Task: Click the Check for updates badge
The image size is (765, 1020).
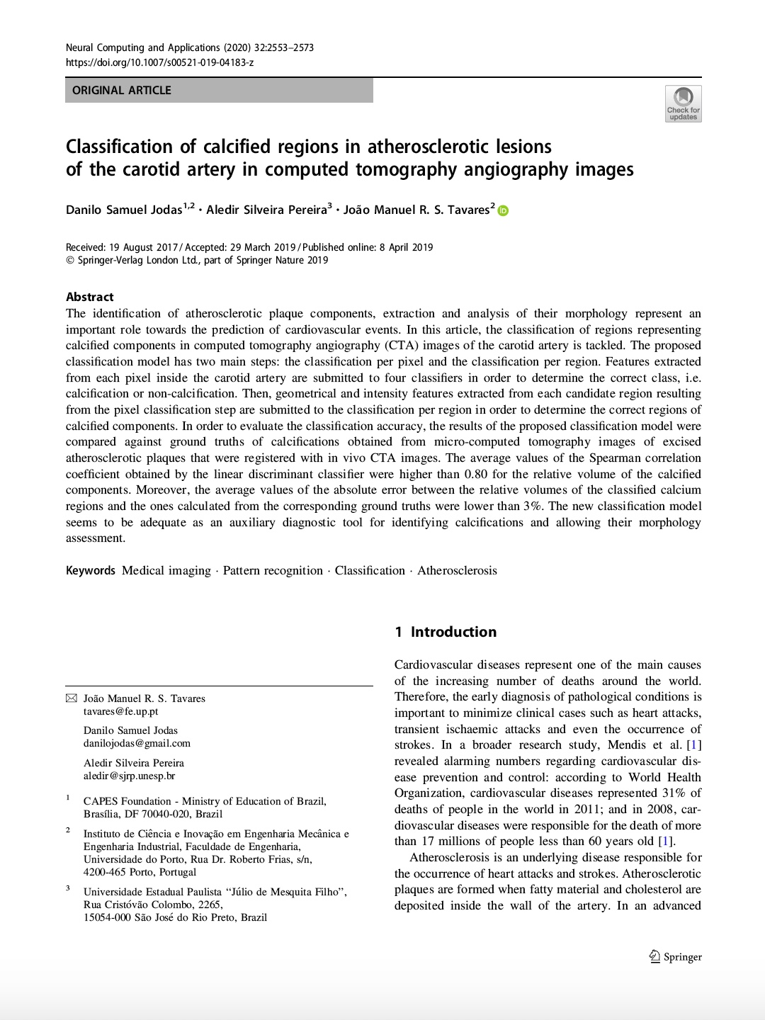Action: click(683, 103)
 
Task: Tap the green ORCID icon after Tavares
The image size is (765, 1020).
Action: click(503, 210)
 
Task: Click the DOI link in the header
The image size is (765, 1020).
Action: click(159, 62)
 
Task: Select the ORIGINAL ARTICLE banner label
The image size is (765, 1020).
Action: click(122, 90)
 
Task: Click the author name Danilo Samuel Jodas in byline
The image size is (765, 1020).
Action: click(124, 210)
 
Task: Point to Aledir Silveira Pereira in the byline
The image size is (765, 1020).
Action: click(266, 210)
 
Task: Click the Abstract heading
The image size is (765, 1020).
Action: click(90, 297)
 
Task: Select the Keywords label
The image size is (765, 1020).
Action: click(90, 571)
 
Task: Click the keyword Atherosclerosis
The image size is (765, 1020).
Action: click(457, 571)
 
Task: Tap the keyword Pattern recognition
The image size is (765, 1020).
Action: click(273, 571)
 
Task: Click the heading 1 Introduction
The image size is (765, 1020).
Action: click(446, 632)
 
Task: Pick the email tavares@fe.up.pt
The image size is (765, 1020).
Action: click(120, 711)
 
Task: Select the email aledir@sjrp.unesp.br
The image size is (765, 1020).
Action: click(129, 776)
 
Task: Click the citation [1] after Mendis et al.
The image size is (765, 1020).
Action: click(694, 745)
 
